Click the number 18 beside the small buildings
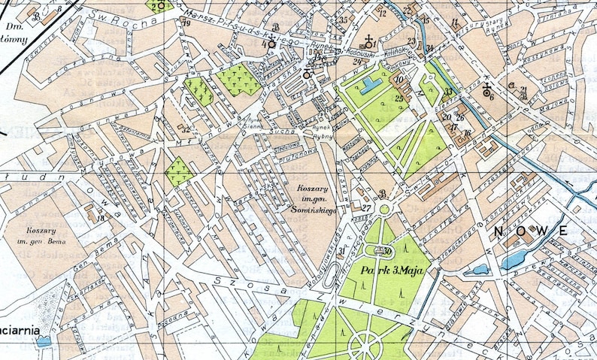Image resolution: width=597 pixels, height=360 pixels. tap(100, 219)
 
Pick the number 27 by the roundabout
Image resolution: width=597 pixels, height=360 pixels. tap(366, 208)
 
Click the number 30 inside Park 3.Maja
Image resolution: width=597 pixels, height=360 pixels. tap(388, 251)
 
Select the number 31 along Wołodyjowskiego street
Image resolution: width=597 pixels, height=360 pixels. tap(341, 251)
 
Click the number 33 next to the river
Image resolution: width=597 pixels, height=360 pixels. tap(449, 92)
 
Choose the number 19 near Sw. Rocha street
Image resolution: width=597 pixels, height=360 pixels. tap(186, 24)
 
